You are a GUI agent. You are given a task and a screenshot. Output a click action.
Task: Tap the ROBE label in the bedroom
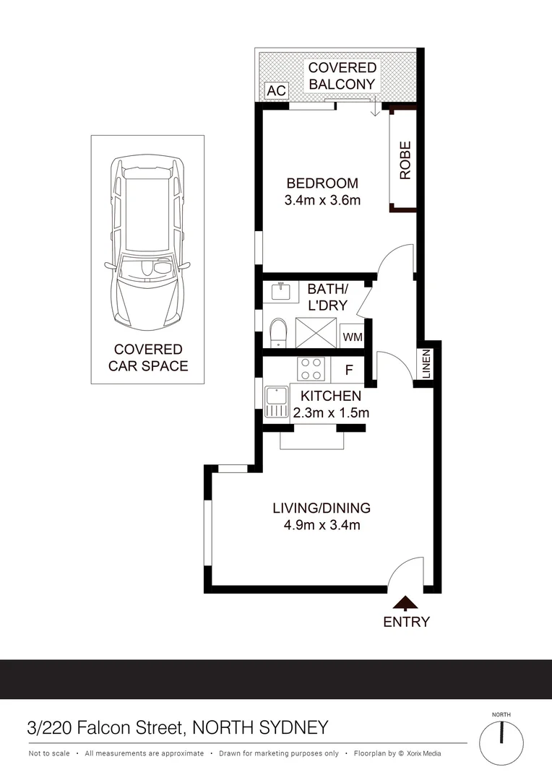click(x=405, y=160)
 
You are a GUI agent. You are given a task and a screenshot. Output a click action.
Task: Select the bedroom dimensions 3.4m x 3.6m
click(x=322, y=200)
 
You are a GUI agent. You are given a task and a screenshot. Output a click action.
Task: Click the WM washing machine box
click(x=352, y=337)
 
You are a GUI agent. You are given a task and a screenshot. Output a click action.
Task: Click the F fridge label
click(x=348, y=370)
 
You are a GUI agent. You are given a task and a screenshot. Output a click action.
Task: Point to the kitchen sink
click(x=276, y=402)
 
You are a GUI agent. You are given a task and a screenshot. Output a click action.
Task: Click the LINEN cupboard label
click(x=426, y=363)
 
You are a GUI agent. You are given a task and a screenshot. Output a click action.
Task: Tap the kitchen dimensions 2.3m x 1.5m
click(x=331, y=413)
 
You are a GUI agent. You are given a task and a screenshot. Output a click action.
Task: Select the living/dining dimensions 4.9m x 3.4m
click(x=322, y=525)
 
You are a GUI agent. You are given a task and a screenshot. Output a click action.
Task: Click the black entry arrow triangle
click(x=406, y=604)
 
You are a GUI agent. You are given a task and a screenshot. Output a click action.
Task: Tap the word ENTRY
click(x=406, y=622)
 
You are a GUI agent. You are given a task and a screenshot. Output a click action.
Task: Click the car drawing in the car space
click(x=147, y=242)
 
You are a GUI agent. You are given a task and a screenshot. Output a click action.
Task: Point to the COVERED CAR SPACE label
click(x=148, y=357)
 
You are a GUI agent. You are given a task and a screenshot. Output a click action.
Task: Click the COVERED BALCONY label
click(x=342, y=76)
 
